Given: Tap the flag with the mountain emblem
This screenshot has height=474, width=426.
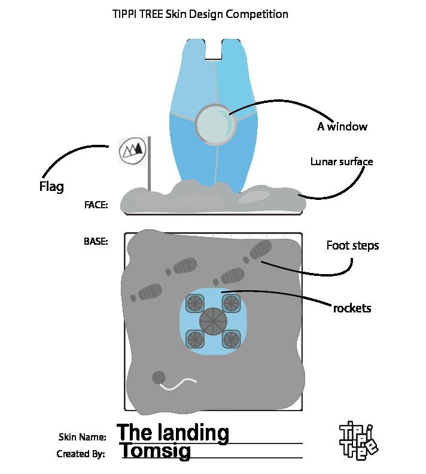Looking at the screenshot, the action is (x=132, y=150).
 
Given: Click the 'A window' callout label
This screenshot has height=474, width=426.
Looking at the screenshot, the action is (x=342, y=126).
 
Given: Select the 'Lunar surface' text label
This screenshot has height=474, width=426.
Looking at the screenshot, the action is (x=342, y=162).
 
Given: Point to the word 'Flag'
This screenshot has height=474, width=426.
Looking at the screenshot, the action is (x=51, y=187).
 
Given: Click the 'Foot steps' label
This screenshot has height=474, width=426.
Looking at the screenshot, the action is (x=352, y=245).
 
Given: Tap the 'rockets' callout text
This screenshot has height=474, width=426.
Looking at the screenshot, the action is (x=352, y=308).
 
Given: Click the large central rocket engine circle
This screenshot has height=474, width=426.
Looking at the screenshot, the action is (x=213, y=321).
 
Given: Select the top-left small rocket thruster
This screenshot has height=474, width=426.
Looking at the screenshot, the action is (x=195, y=303).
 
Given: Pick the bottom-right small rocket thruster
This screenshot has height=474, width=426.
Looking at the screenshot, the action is (x=231, y=339).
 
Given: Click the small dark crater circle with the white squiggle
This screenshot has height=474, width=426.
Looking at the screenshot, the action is (x=159, y=378).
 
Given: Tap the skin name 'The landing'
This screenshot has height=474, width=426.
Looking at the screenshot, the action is (x=173, y=433).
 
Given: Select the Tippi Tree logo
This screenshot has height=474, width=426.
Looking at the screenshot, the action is (x=358, y=440).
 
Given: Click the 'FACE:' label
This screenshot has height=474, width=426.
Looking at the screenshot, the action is (x=96, y=205).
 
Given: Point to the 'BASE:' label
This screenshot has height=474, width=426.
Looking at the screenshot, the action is (x=96, y=242).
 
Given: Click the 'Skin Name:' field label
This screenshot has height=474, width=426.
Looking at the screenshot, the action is (x=82, y=437).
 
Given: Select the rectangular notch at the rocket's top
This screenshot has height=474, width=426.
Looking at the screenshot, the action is (x=214, y=49).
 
